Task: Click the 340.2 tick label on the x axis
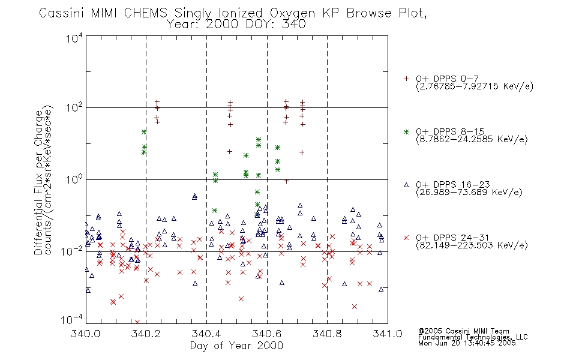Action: pos(146,334)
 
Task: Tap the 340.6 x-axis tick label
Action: pos(267,334)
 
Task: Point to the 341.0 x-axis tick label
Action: pos(388,334)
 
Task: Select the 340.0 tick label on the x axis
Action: pos(86,334)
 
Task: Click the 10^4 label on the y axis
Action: pos(74,38)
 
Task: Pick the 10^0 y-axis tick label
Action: pos(74,179)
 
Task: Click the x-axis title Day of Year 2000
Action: pos(236,346)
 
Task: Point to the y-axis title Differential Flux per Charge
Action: pos(38,182)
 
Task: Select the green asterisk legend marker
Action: pos(406,132)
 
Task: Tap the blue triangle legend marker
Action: pos(406,185)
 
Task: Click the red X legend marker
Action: pos(406,238)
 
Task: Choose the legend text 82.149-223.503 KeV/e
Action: pos(472,245)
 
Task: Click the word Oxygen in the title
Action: pos(293,13)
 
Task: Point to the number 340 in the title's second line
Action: pos(294,24)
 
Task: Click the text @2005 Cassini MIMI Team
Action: pos(463,331)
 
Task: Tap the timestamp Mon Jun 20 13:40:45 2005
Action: pos(467,343)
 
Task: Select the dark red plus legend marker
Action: pos(406,79)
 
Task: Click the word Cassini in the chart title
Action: pos(61,13)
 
